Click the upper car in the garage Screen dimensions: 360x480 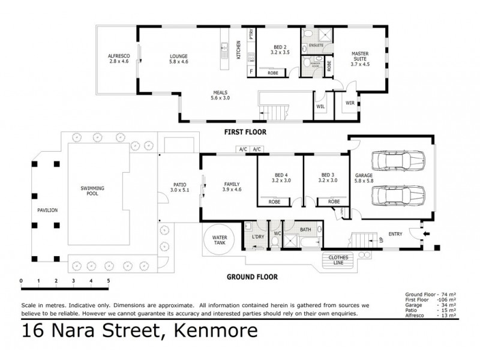tap(397, 161)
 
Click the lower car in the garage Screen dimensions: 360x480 tap(397, 196)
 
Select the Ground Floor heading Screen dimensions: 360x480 tap(251, 277)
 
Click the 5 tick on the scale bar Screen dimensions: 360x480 tap(108, 280)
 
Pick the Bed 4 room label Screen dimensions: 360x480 tap(281, 178)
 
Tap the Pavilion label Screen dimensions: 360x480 tap(46, 211)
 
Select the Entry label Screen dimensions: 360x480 tap(395, 234)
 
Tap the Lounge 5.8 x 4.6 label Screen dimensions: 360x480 tap(179, 58)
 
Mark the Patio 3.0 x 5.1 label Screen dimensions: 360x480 tap(179, 188)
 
